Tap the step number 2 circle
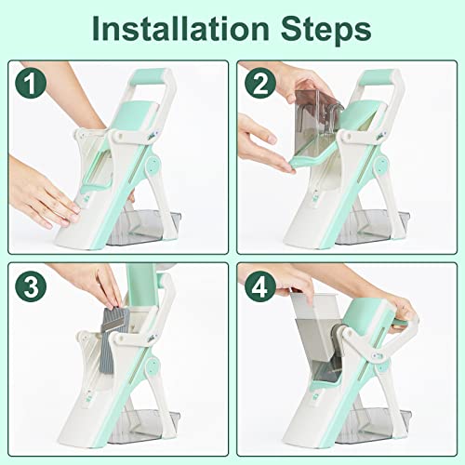coord(260,85)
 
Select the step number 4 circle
coord(260,286)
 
